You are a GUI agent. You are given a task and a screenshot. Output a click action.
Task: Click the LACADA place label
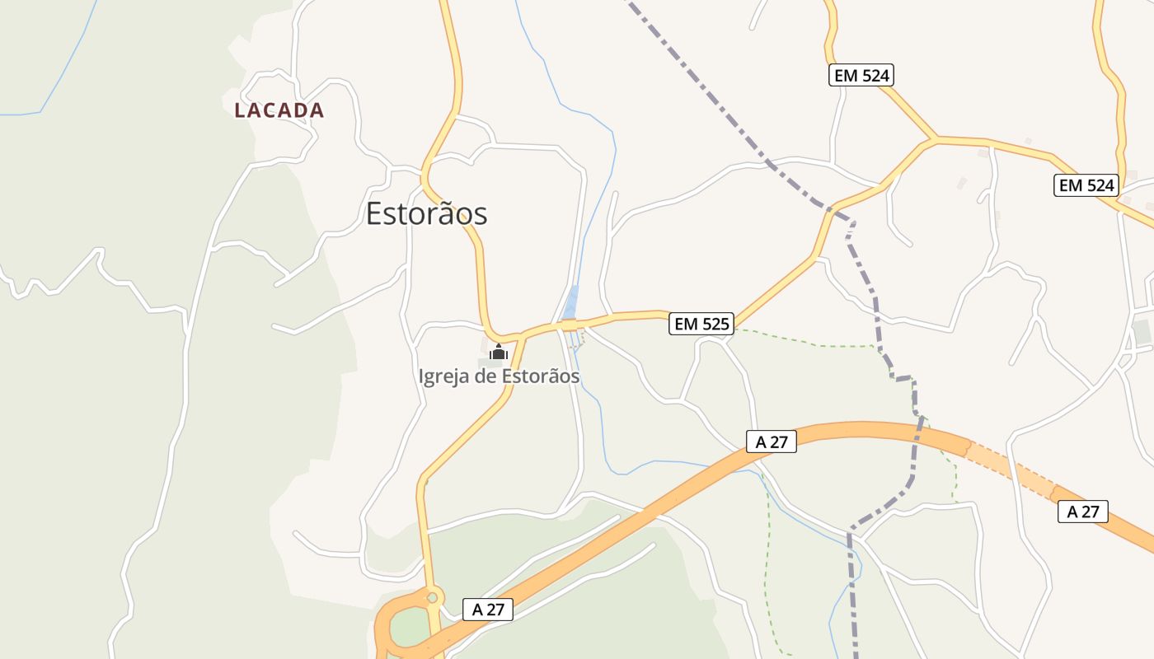[x=279, y=110]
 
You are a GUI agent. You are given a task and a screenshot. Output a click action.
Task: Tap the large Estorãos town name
[x=426, y=214]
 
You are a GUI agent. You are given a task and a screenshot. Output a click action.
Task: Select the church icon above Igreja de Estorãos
[x=498, y=353]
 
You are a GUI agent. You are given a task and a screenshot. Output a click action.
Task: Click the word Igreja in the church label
[x=446, y=377]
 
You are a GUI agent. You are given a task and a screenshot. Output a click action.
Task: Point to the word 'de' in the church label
[x=488, y=377]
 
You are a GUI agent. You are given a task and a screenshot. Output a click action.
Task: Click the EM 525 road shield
[x=701, y=324]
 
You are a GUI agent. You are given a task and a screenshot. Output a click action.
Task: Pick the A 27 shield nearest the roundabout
[x=488, y=610]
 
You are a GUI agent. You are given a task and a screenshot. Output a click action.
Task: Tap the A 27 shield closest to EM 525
[x=772, y=442]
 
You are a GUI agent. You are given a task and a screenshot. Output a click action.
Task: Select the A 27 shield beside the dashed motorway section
[x=1083, y=512]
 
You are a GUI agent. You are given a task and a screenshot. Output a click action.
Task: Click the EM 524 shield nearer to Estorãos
[x=861, y=76]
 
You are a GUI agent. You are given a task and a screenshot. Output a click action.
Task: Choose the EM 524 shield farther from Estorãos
[x=1086, y=185]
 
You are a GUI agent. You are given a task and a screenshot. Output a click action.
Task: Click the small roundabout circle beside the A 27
[x=433, y=596]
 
